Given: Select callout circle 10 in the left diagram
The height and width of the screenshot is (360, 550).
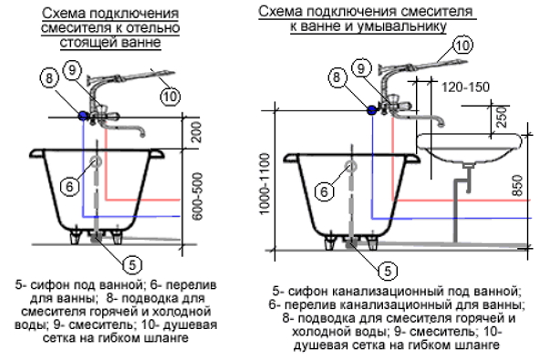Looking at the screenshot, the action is click(x=171, y=96).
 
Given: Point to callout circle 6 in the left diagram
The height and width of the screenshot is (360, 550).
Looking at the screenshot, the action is click(x=69, y=186).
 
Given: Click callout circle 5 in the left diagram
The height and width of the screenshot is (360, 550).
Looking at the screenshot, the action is click(x=132, y=264).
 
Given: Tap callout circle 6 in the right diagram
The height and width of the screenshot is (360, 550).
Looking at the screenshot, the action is click(x=324, y=191).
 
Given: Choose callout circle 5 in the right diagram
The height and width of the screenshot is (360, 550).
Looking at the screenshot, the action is click(x=388, y=271).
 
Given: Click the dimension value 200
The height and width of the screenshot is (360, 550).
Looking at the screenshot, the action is click(x=198, y=132).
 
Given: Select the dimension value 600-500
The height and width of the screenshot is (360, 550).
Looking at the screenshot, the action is click(x=198, y=196).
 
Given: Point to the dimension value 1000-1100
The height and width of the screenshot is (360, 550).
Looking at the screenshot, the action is click(x=265, y=184).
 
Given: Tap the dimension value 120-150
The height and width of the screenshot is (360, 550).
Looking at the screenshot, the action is click(x=465, y=87).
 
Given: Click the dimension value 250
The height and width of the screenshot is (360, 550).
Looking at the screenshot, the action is click(x=503, y=117).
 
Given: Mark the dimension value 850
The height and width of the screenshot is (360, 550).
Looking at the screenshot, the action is click(x=517, y=185).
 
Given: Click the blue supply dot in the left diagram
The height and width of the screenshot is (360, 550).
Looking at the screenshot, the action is click(x=83, y=116).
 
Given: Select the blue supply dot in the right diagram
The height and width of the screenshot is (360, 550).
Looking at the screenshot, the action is click(x=371, y=110).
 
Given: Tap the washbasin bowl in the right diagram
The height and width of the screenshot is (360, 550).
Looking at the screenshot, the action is click(x=470, y=148).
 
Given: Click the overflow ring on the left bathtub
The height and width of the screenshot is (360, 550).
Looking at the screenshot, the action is click(x=96, y=161).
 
